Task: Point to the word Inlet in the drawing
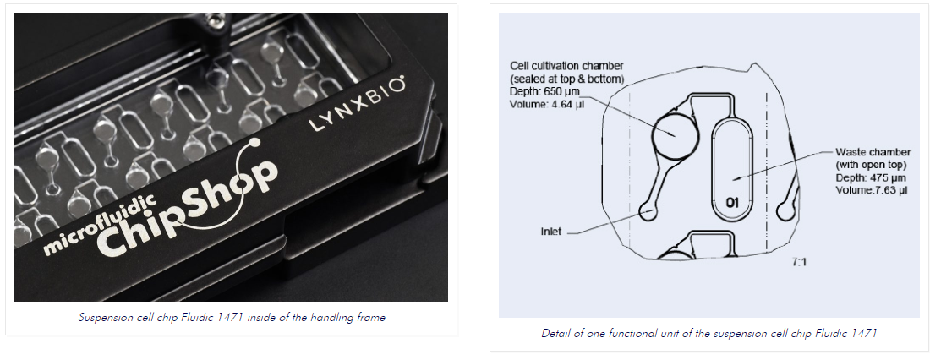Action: tap(550, 232)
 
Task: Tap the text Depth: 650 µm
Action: tap(544, 91)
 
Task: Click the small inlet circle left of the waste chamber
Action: tap(648, 211)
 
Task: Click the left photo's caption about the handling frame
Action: tap(232, 317)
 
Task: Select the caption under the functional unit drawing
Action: tap(708, 333)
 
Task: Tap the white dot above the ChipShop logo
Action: tap(255, 143)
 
